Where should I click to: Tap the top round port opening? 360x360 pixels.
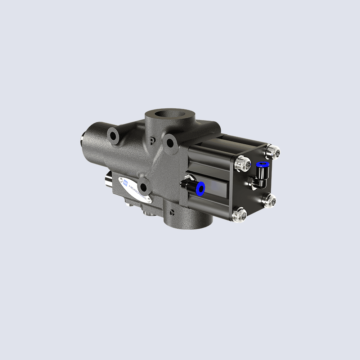tap(169, 116)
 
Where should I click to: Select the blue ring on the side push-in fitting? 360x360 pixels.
tap(200, 188)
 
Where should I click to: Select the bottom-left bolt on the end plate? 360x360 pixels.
tap(239, 215)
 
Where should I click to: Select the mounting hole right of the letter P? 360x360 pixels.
tap(169, 143)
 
